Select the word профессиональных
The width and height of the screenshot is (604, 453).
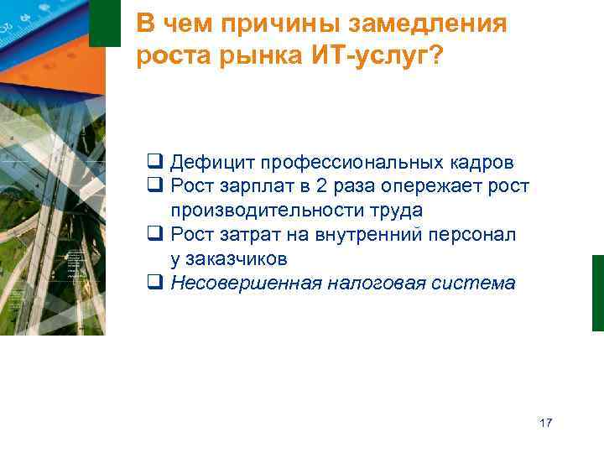click(350, 162)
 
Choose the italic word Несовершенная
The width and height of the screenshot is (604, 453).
click(246, 283)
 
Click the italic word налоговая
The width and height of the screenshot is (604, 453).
click(373, 283)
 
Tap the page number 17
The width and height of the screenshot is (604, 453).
click(546, 423)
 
